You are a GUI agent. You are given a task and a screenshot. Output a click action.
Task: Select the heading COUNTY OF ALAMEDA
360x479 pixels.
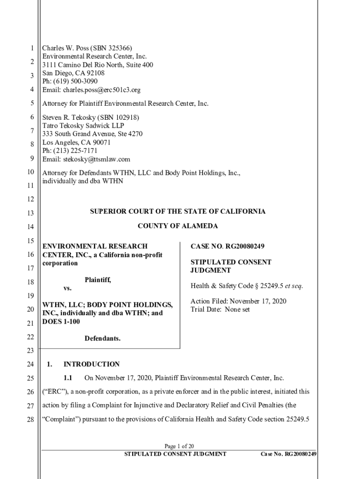(178, 226)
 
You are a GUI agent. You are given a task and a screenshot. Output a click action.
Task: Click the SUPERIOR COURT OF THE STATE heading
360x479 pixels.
(178, 211)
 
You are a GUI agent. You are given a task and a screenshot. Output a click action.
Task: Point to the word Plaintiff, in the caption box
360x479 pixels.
(98, 280)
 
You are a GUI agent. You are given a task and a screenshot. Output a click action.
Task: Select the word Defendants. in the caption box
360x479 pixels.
(102, 338)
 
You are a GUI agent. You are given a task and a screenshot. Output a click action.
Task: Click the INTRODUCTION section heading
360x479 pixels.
(92, 364)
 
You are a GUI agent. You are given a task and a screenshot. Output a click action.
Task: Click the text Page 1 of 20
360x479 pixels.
(180, 446)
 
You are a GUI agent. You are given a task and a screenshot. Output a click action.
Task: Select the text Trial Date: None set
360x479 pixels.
(220, 310)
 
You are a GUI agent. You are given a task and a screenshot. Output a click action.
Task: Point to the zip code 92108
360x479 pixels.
(94, 73)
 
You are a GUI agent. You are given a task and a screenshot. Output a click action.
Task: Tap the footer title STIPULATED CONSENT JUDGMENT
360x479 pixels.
(175, 454)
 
